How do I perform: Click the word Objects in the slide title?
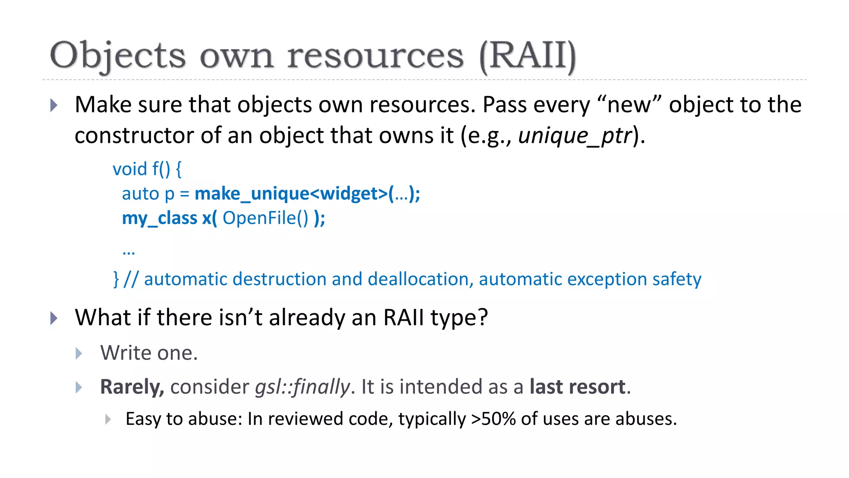pyautogui.click(x=118, y=56)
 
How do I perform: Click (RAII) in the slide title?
pyautogui.click(x=527, y=56)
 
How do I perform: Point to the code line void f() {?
pyautogui.click(x=147, y=169)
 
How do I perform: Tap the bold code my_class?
pyautogui.click(x=160, y=218)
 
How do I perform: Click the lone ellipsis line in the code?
pyautogui.click(x=129, y=251)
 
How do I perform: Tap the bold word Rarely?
pyautogui.click(x=132, y=387)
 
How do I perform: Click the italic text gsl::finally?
pyautogui.click(x=302, y=387)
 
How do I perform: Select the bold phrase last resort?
pyautogui.click(x=577, y=387)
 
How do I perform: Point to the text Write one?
pyautogui.click(x=149, y=353)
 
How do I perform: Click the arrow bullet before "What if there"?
pyautogui.click(x=54, y=318)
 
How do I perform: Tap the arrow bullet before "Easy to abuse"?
pyautogui.click(x=108, y=419)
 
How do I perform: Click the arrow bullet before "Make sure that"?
pyautogui.click(x=54, y=105)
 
